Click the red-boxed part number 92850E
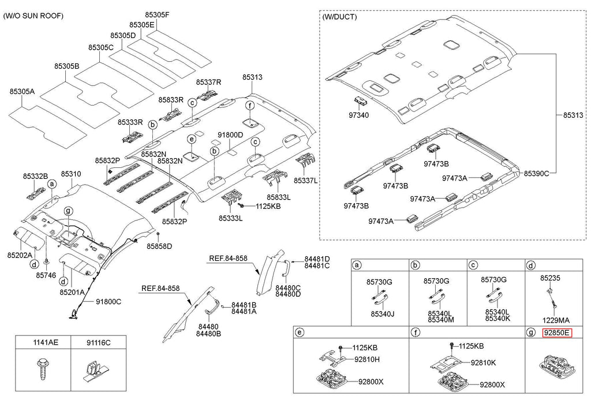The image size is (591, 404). point(556,332)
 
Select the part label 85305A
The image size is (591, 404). point(22,91)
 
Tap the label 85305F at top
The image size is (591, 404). point(157,14)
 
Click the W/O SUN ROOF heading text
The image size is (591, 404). point(33,16)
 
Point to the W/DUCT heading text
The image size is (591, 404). point(339,17)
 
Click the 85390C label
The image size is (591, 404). point(536,173)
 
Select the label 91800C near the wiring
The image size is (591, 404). point(109,301)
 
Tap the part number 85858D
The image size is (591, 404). point(159,246)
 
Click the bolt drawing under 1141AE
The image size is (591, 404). point(43,370)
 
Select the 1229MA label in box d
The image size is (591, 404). point(555,320)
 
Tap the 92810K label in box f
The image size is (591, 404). point(483,362)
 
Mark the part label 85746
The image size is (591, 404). point(46,275)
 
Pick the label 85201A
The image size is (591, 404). point(72,293)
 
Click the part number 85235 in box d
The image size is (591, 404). point(550,278)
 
